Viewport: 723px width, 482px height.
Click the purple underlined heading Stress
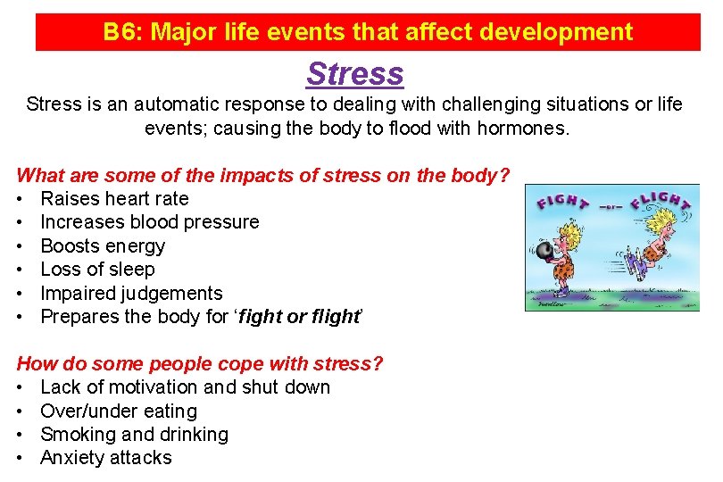(354, 73)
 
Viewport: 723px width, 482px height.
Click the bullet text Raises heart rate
(115, 198)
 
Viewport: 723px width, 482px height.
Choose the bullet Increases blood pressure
(150, 221)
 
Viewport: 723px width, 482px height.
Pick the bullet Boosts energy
(103, 245)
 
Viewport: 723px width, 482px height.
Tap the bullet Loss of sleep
(98, 269)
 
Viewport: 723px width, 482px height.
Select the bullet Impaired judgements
(131, 293)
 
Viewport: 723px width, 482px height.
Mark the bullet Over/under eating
(119, 411)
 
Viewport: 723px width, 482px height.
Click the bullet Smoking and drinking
(135, 434)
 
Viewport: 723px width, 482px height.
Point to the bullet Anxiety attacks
(106, 457)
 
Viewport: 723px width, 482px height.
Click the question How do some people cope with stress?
(200, 363)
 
